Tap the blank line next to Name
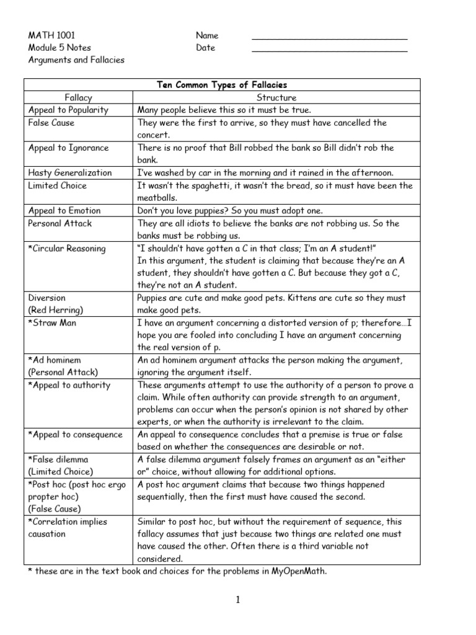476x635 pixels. click(x=330, y=38)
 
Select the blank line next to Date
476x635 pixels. click(x=330, y=50)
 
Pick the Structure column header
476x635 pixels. click(x=276, y=97)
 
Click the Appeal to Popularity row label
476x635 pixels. click(x=68, y=110)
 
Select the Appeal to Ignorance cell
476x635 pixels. click(x=68, y=148)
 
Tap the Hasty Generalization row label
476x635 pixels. click(x=70, y=172)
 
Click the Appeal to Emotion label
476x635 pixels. click(x=64, y=210)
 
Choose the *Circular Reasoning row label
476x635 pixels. click(x=67, y=248)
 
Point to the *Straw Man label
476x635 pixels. click(x=53, y=322)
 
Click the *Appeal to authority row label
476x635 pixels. click(x=69, y=385)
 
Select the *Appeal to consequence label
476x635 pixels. click(x=76, y=435)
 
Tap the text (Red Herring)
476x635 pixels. click(x=55, y=309)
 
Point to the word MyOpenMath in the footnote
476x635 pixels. click(x=299, y=571)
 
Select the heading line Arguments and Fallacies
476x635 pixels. click(x=76, y=60)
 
